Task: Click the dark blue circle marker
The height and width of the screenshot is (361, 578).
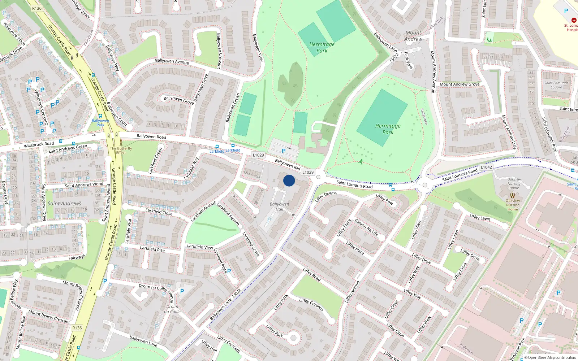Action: click(x=289, y=180)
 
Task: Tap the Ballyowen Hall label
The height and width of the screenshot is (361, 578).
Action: click(x=279, y=206)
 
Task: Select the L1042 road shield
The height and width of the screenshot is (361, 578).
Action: click(x=486, y=167)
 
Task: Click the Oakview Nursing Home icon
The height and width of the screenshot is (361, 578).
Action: click(x=512, y=195)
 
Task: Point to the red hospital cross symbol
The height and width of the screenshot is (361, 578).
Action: click(x=574, y=20)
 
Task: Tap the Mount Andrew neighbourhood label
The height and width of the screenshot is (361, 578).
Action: click(x=413, y=36)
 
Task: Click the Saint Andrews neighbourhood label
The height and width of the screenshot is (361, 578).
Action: click(x=64, y=204)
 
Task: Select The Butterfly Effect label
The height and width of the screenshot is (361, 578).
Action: click(x=121, y=151)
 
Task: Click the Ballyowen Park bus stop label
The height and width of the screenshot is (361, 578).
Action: click(x=100, y=123)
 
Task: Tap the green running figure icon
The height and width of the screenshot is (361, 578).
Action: click(x=361, y=162)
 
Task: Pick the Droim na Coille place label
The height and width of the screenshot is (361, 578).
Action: click(x=172, y=309)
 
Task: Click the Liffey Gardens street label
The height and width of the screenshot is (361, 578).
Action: click(x=311, y=305)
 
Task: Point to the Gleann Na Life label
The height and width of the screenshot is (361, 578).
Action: click(x=366, y=227)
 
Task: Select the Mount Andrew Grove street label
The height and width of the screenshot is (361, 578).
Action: click(x=460, y=84)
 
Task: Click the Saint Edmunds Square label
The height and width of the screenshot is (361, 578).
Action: click(x=556, y=85)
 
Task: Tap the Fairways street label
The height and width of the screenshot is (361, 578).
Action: click(x=77, y=257)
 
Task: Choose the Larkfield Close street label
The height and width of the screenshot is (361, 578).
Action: click(x=159, y=212)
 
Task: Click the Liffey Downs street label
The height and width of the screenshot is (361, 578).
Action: click(x=325, y=196)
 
